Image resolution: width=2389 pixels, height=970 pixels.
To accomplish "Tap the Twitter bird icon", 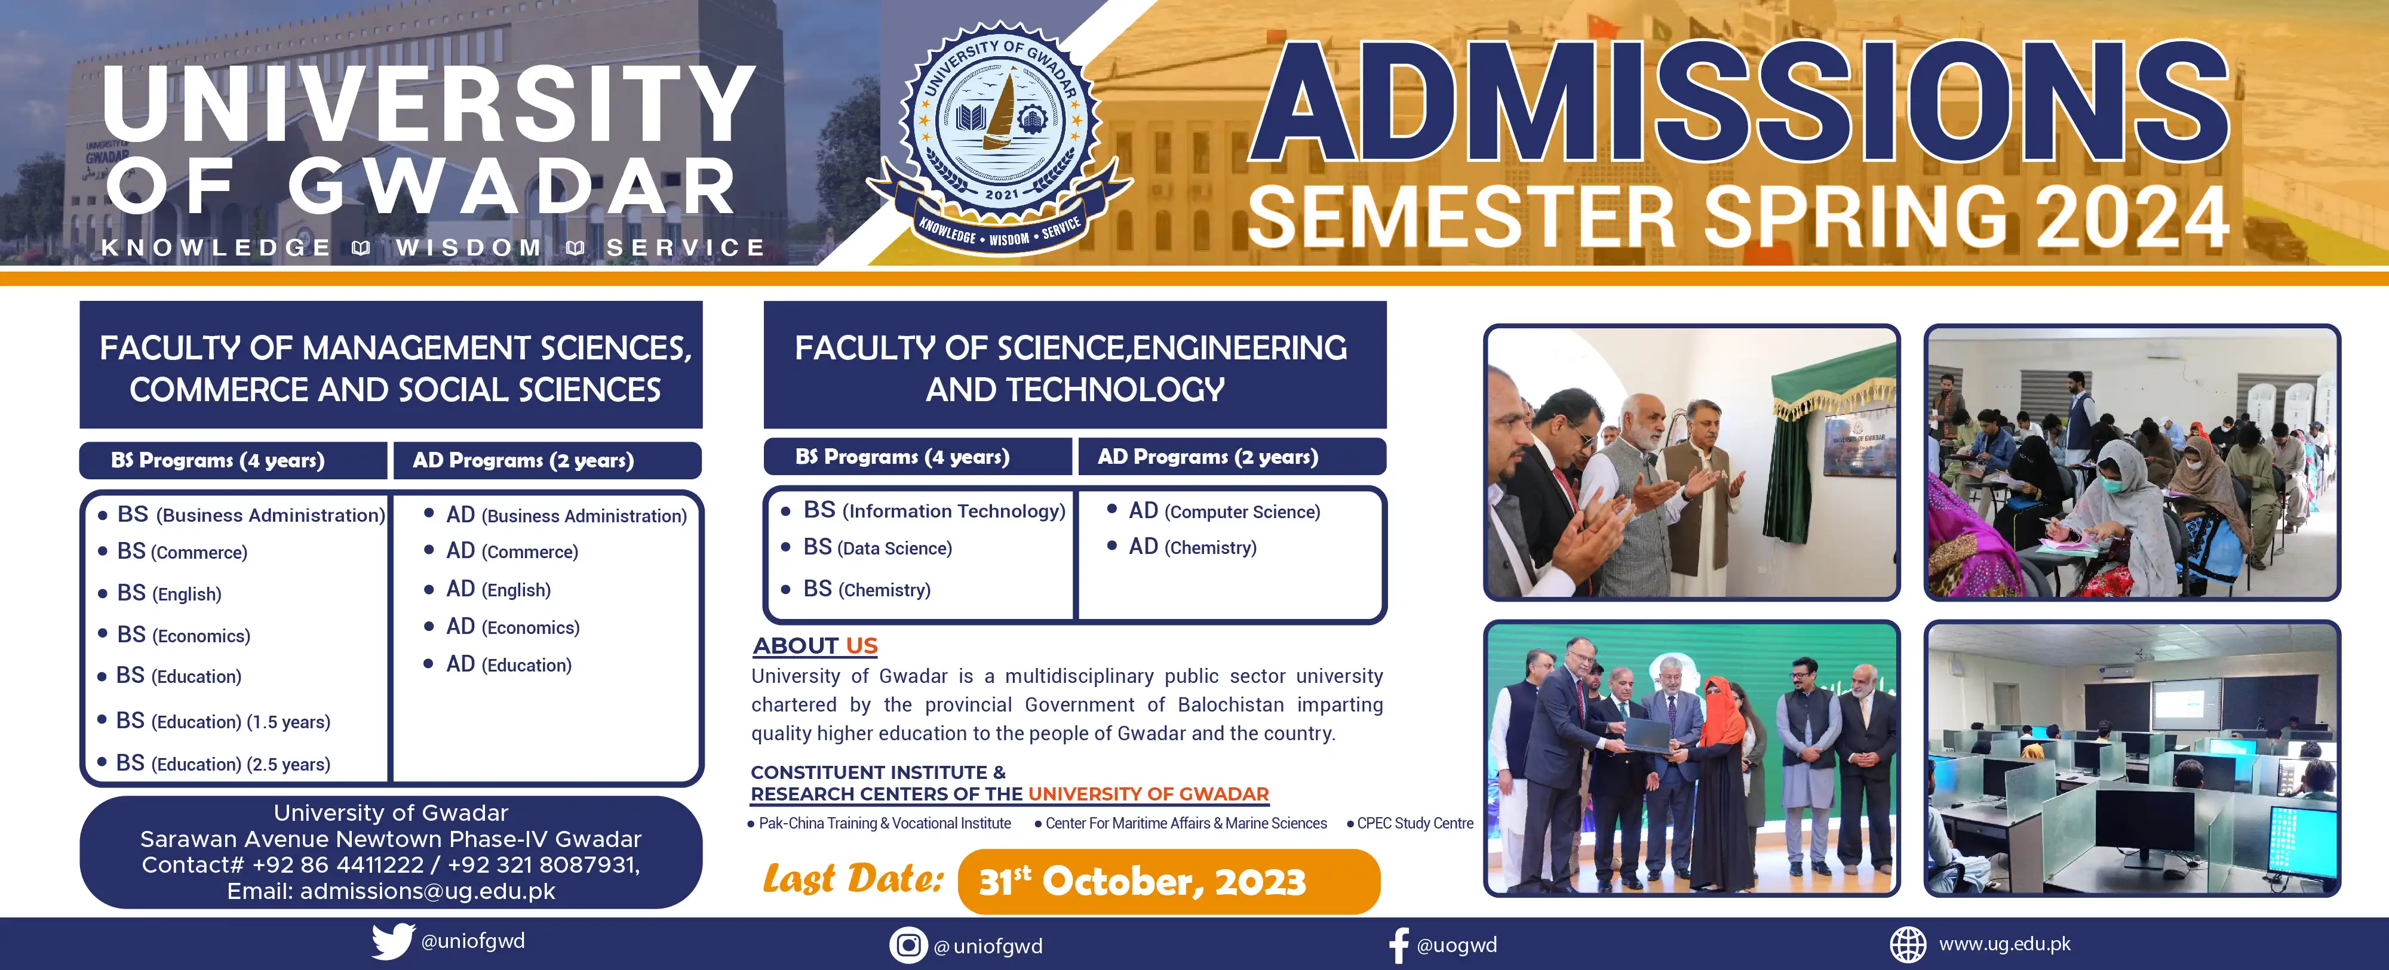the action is [393, 941].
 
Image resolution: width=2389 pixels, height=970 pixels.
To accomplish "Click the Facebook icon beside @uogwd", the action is [1399, 945].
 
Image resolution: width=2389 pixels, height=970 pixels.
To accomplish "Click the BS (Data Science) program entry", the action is [877, 548].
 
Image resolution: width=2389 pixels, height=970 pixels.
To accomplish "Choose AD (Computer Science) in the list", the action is [1224, 511].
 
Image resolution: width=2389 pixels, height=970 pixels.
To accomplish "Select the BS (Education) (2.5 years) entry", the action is [223, 763].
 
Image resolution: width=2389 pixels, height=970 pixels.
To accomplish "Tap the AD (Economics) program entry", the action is [513, 627].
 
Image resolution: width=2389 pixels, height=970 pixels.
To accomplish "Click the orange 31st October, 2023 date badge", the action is [1169, 881].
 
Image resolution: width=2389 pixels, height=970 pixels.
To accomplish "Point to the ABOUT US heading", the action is [815, 645].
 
